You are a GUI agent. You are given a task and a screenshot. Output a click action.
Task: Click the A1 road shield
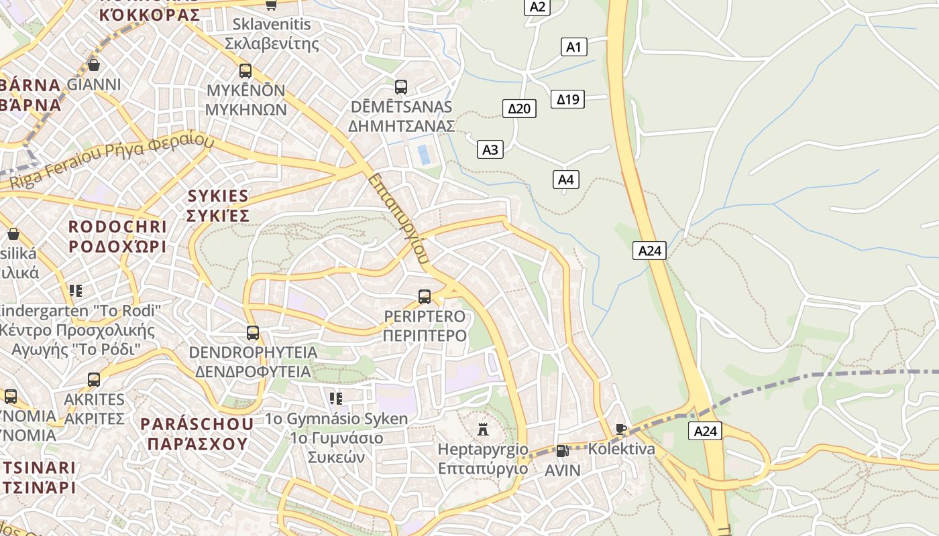(x=573, y=47)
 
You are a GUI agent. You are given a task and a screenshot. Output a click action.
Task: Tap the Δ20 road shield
(x=519, y=108)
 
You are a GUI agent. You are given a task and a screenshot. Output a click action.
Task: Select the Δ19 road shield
(x=567, y=99)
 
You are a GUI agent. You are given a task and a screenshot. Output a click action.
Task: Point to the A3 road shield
(x=490, y=149)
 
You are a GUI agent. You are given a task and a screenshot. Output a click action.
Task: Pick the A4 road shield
(x=565, y=180)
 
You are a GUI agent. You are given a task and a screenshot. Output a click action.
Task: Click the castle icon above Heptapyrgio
(x=482, y=429)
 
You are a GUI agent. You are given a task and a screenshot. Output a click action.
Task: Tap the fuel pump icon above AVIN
(x=562, y=451)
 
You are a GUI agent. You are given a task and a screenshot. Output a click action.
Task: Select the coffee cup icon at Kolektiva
(x=621, y=429)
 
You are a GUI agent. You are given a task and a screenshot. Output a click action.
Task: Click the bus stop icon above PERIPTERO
(x=424, y=296)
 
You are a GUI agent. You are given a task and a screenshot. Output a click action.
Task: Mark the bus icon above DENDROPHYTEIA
(x=252, y=332)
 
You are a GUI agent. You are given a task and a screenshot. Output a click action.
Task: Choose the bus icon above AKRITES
(x=94, y=380)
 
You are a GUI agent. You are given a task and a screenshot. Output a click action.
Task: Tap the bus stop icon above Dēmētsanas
(x=401, y=87)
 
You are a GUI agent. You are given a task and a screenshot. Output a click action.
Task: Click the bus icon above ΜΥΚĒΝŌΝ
(x=245, y=71)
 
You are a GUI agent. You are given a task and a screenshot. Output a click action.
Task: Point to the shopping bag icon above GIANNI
(x=94, y=65)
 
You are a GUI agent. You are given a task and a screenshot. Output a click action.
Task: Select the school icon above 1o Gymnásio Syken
(x=336, y=399)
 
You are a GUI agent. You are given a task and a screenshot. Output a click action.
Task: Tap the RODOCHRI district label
(x=117, y=226)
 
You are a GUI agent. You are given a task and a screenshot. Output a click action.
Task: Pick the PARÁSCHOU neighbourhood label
(x=197, y=423)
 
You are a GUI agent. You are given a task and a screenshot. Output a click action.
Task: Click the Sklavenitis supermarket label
(x=272, y=25)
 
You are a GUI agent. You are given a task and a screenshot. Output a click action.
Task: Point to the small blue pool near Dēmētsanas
(x=424, y=154)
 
